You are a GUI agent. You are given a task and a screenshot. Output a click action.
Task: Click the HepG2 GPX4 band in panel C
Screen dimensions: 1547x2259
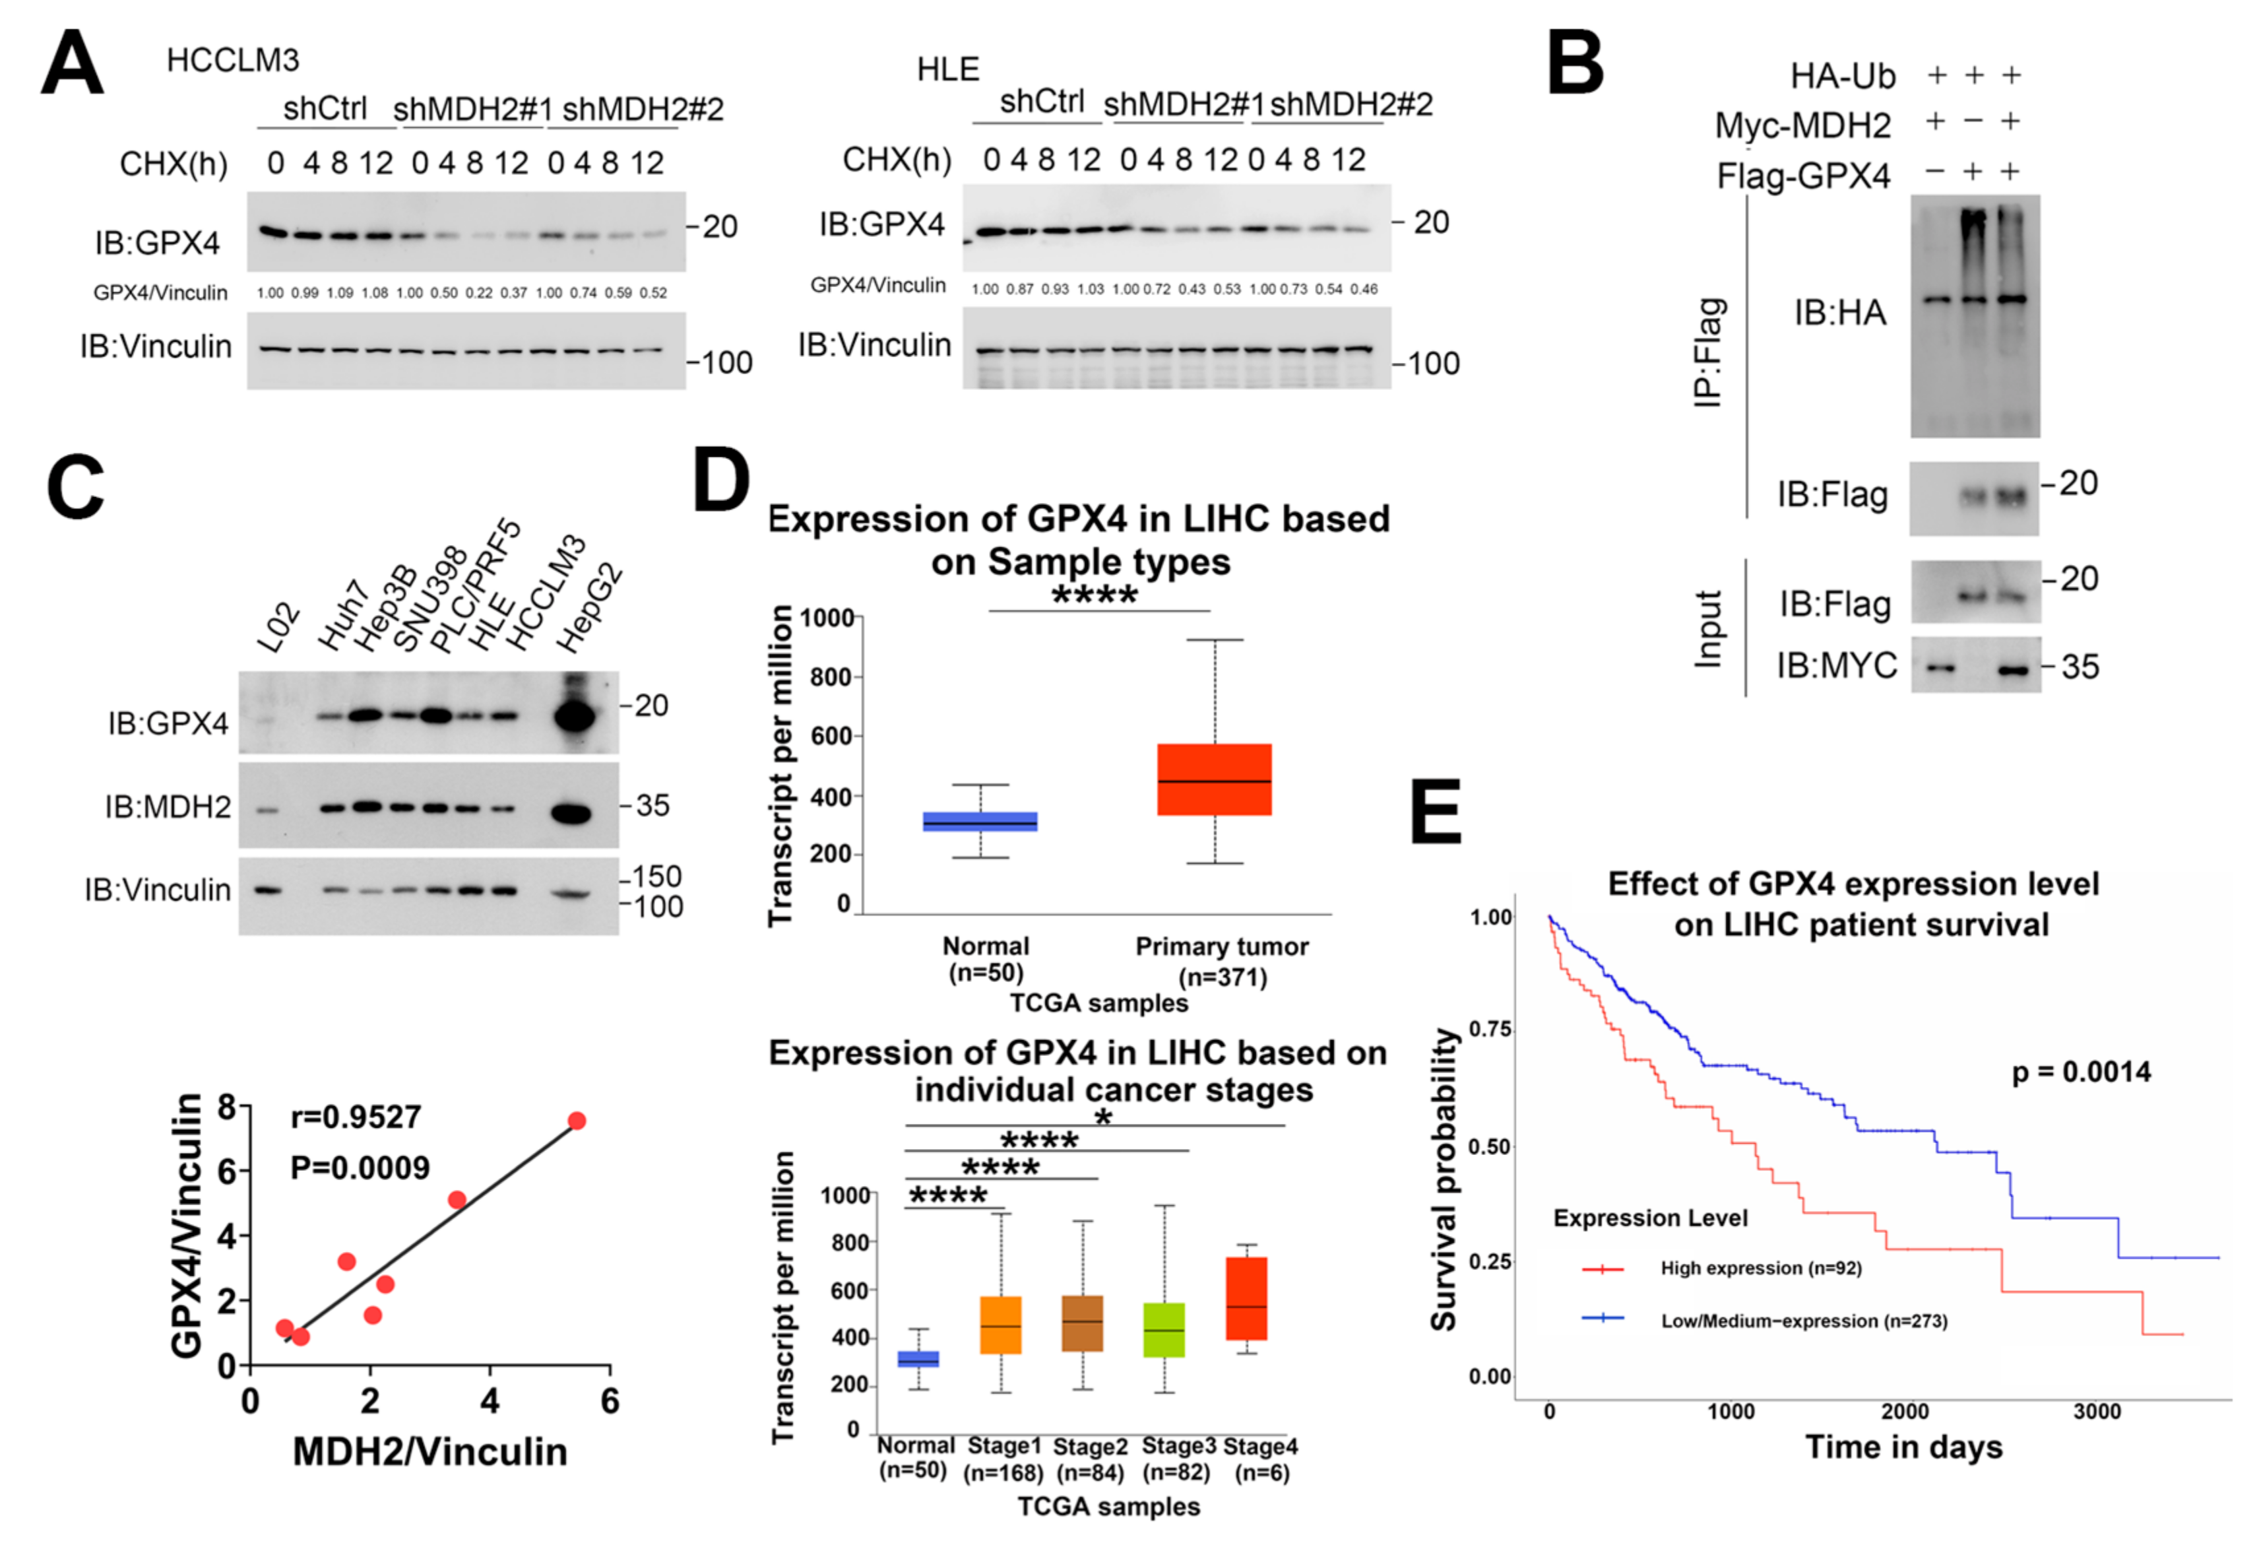(573, 717)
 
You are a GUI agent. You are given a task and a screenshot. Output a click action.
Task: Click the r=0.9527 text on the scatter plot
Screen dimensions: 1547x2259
(356, 1117)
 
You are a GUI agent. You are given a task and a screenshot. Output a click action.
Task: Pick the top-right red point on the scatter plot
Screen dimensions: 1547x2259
(577, 1121)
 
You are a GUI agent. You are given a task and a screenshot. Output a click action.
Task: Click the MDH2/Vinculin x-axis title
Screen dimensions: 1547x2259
(430, 1452)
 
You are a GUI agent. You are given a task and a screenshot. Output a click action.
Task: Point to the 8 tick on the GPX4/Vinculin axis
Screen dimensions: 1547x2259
(228, 1107)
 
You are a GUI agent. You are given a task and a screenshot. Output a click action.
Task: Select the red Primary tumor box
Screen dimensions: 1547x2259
(1214, 780)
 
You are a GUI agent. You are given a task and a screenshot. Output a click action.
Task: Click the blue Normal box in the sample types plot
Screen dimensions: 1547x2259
(980, 822)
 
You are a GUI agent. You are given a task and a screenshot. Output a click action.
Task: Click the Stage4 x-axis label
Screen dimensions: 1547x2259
(1261, 1447)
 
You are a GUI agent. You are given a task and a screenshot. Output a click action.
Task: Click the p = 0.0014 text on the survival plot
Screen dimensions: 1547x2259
(2080, 1072)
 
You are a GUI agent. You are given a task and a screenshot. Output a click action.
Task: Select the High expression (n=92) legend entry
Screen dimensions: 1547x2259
(1760, 1268)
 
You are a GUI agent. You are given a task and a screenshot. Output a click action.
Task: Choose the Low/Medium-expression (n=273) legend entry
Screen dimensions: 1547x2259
(1803, 1321)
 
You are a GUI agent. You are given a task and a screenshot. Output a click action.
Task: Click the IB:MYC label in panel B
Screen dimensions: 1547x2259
(1836, 666)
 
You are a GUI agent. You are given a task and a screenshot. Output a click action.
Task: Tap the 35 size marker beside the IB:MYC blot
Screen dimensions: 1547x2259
(2080, 667)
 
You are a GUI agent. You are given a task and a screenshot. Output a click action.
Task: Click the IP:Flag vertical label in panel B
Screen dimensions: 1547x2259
(1708, 352)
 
